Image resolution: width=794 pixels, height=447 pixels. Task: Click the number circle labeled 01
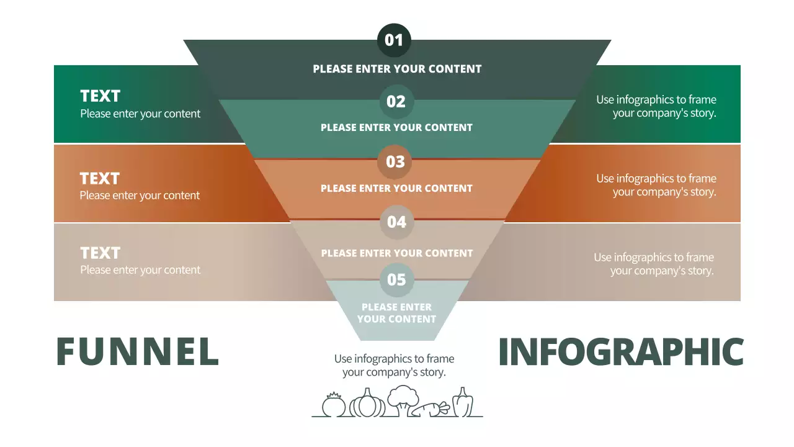click(394, 40)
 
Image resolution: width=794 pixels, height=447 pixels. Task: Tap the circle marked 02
click(396, 101)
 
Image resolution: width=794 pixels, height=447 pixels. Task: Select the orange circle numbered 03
click(395, 161)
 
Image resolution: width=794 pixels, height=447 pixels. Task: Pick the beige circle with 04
click(396, 222)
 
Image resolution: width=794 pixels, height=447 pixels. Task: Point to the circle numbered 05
click(396, 279)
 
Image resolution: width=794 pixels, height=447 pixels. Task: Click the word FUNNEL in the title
click(138, 352)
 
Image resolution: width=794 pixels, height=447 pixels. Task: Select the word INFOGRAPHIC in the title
click(620, 352)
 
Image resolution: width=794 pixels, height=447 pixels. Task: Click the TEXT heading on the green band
click(100, 96)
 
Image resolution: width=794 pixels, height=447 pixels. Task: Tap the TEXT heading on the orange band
click(99, 179)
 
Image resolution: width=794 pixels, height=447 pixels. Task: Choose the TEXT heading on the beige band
click(100, 253)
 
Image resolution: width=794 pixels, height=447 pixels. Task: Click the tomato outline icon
click(334, 405)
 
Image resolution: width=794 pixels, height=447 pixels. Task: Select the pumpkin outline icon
click(367, 404)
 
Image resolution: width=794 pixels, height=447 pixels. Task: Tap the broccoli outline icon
click(403, 400)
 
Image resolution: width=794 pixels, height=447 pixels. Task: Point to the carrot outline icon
click(432, 409)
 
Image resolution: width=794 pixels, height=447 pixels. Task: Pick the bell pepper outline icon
click(462, 403)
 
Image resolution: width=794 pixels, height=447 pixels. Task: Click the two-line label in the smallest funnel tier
click(396, 313)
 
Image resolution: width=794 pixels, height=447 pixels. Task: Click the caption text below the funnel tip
click(394, 366)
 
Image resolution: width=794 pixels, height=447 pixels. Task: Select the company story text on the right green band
click(656, 106)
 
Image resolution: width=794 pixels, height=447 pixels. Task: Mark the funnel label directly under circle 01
click(397, 69)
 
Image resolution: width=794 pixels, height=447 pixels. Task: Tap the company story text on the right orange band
click(656, 185)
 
